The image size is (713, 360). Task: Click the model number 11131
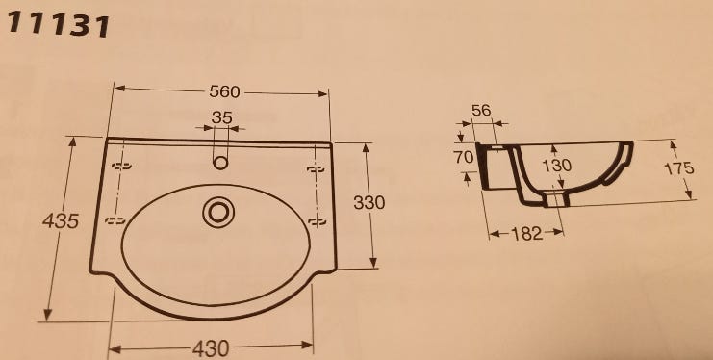point(58,25)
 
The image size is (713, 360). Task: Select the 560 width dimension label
point(224,92)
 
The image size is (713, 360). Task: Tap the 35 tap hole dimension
point(222,117)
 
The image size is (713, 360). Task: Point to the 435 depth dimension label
point(61,221)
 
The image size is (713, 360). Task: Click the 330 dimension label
point(369,202)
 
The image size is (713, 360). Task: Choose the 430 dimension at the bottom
point(211,349)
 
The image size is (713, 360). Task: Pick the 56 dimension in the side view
point(481,110)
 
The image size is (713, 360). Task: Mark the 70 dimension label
point(464,157)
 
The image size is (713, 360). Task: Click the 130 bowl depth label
point(557,166)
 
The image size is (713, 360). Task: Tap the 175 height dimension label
point(679,168)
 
